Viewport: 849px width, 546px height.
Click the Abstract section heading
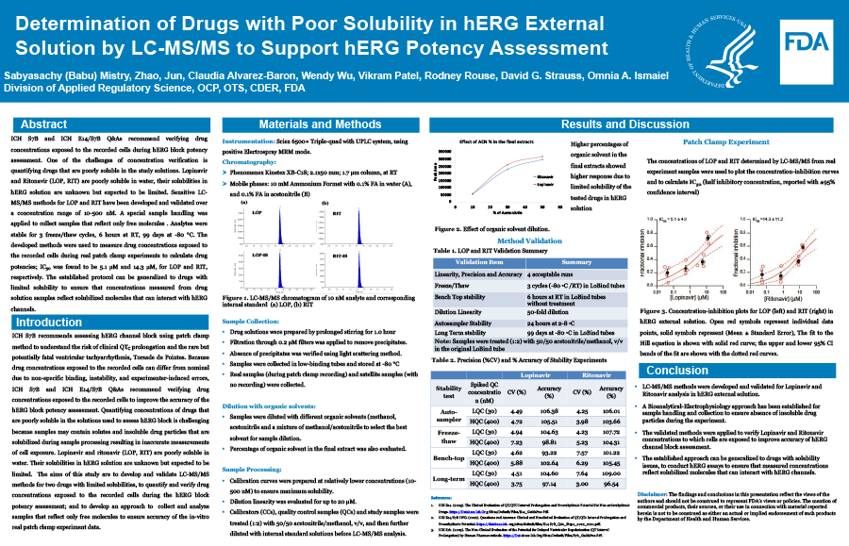pyautogui.click(x=43, y=124)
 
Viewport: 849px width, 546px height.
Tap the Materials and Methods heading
pyautogui.click(x=320, y=124)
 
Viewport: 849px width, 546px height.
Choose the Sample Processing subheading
pyautogui.click(x=254, y=468)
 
